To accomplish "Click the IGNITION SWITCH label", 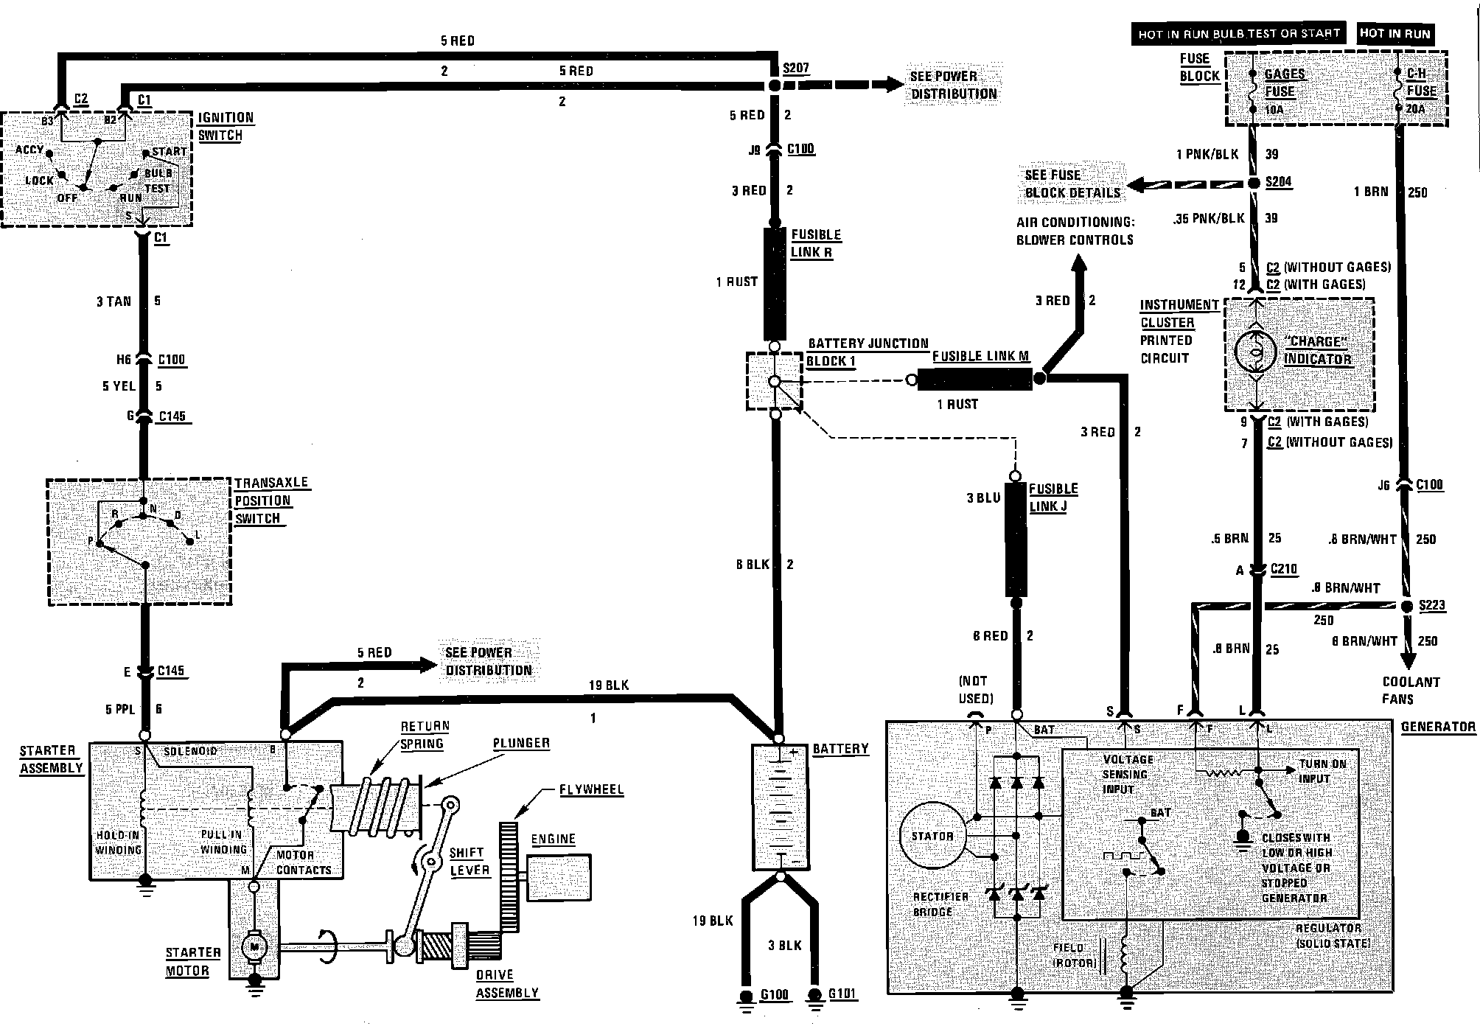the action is coord(226,126).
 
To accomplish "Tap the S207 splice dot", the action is coord(775,86).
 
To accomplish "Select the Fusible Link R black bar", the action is coord(775,283).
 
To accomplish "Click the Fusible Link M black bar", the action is coord(974,380).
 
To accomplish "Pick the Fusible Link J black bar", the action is coord(1016,539).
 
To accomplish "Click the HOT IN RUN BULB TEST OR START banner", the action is coord(1239,34).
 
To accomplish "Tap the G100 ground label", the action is coord(774,995).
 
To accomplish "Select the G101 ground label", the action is coord(842,994).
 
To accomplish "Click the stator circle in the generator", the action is coord(932,836).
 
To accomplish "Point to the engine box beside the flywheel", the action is coord(559,876).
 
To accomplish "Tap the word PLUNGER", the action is coord(521,743).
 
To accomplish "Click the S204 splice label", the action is coord(1279,182).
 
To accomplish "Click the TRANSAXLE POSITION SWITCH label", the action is coord(263,500).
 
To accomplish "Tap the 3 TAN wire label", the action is coord(114,301).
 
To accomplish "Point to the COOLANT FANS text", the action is coord(1411,691).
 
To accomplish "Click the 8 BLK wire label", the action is coord(752,565).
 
